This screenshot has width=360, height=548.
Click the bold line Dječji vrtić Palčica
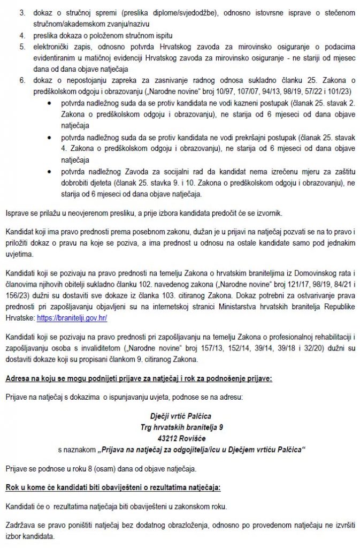coord(180,415)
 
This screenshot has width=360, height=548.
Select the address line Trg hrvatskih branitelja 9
coord(180,427)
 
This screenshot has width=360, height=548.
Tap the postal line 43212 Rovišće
coord(180,437)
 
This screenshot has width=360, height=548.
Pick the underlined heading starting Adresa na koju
coord(139,379)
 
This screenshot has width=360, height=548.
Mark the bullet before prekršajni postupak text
coord(50,138)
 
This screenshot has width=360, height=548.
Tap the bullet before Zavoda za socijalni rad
coord(50,172)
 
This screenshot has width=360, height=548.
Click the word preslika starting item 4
coord(44,36)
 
